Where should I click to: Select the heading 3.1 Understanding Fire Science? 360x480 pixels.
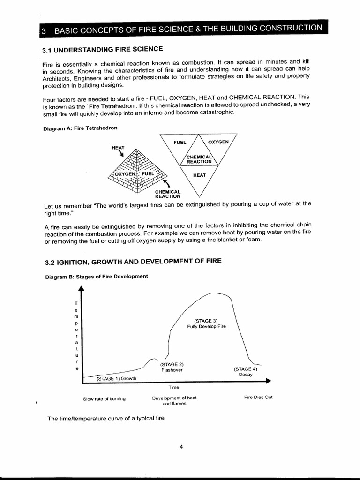coord(103,50)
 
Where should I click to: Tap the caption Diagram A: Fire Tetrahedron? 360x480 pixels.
coord(80,127)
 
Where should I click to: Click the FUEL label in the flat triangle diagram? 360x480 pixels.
coord(180,142)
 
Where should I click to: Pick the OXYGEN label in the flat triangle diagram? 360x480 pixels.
coord(218,142)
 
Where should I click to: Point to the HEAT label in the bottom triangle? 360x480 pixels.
coord(199,175)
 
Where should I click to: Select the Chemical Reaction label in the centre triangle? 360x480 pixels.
coord(199,159)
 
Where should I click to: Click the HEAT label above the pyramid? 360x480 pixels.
coord(118,147)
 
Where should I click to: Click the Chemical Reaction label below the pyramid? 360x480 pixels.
coord(168,194)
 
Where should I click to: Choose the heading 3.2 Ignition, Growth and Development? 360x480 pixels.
coord(133,261)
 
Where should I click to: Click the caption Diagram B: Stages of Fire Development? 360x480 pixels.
coord(96,276)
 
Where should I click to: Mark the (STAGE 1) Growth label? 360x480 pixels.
coord(116,378)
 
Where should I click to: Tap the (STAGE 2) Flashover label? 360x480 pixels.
coord(172,367)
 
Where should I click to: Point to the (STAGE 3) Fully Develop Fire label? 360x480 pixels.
coord(206,323)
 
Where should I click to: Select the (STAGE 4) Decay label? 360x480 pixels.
coord(245,371)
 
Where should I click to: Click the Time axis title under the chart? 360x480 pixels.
coord(174,387)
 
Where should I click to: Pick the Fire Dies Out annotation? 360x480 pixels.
coord(258,397)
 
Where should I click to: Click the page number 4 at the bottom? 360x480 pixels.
coord(181,447)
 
